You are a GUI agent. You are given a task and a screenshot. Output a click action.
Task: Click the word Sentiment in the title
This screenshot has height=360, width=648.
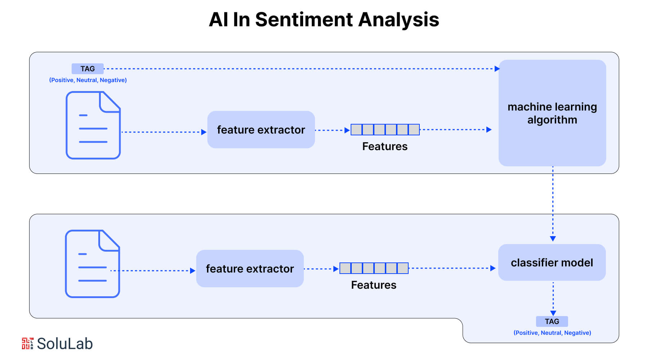pos(304,19)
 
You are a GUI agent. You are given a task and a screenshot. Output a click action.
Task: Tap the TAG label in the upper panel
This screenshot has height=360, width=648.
pos(87,69)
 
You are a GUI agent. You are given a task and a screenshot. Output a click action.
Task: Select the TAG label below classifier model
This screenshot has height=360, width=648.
pos(552,321)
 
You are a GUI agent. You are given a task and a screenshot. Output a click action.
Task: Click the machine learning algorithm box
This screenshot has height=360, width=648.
pos(552,113)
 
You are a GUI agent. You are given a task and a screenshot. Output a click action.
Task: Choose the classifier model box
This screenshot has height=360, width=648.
pos(552,263)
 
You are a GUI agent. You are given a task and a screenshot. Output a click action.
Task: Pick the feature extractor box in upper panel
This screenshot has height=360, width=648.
pos(261,130)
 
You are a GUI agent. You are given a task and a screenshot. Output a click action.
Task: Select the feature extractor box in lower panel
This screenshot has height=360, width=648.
pos(250,269)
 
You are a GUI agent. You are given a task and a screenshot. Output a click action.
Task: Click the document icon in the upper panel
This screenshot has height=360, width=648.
pos(93,125)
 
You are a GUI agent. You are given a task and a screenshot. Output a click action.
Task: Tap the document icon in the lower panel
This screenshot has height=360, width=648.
pos(92,264)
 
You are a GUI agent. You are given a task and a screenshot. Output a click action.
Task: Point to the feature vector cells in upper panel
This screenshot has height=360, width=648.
pos(385,130)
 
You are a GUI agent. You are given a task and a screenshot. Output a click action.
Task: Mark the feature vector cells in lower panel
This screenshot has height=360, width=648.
pos(374,268)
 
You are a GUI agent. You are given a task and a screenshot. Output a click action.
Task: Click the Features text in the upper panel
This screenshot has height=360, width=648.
pos(384,147)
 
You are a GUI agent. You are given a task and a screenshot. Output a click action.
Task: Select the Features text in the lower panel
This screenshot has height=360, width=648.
pos(373,285)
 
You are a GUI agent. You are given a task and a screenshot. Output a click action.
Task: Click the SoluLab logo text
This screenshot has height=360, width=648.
pos(65,344)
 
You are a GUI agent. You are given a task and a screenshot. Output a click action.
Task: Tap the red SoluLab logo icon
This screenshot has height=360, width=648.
pos(27,343)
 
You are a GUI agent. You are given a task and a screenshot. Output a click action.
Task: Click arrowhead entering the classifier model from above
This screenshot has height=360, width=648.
pos(553,239)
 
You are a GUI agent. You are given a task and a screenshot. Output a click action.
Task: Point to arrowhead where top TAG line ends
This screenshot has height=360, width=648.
pos(497,69)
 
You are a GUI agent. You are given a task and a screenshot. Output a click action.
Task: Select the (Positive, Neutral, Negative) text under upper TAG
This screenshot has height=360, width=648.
pos(88,80)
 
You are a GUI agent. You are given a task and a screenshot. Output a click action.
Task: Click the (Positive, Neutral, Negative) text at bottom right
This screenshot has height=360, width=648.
pos(552,333)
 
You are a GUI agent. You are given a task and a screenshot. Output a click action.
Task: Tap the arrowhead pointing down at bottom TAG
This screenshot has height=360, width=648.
pos(553,313)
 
